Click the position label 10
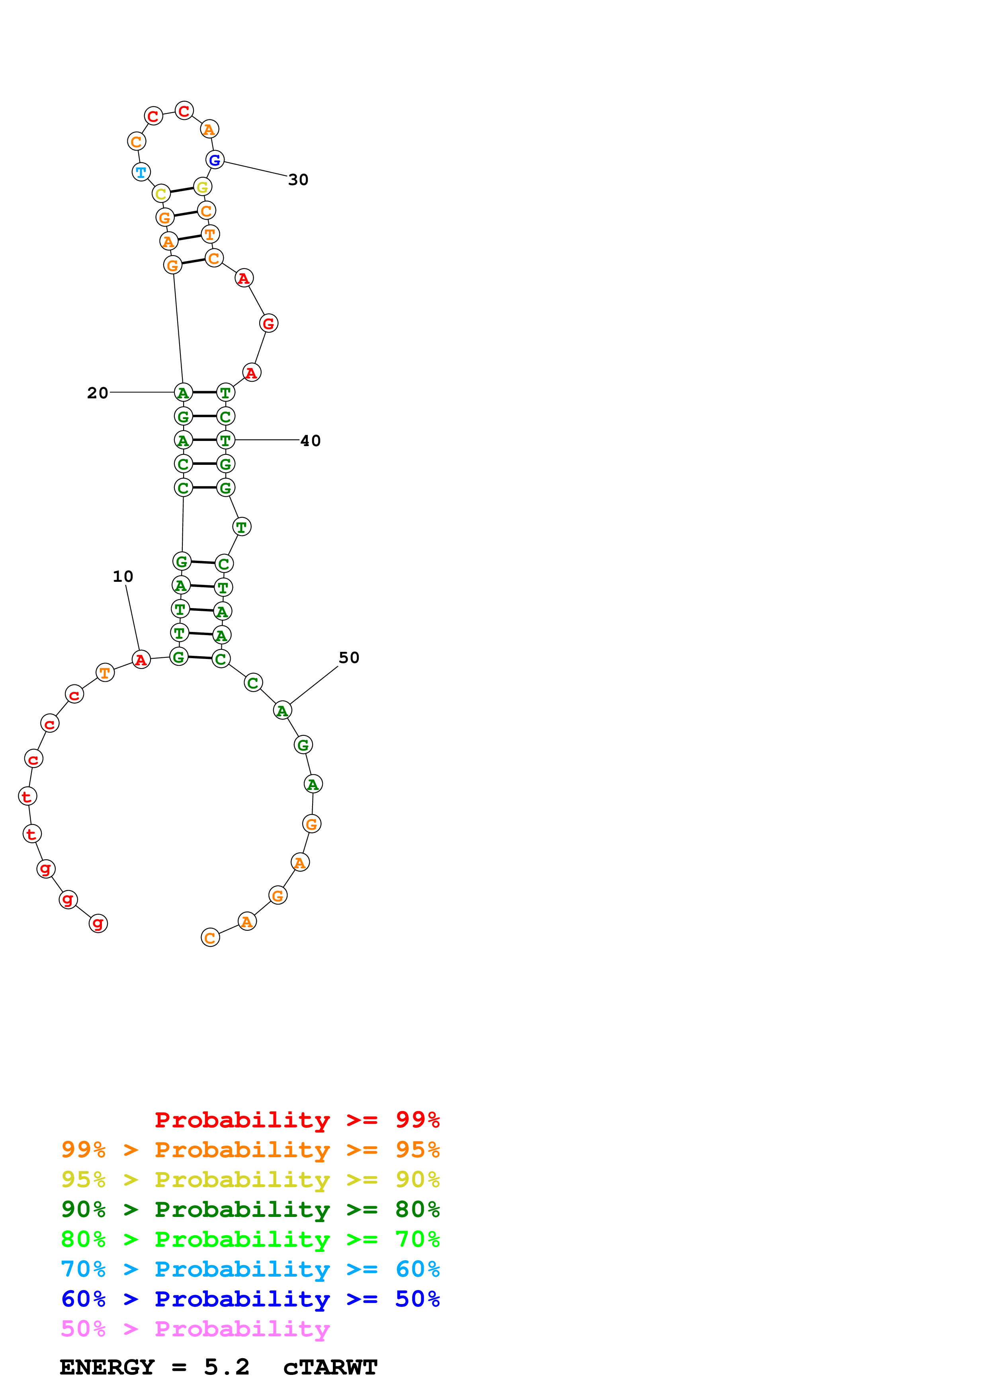tap(123, 576)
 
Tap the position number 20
tap(97, 394)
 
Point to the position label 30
tap(298, 180)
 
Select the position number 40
tap(310, 441)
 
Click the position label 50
tap(349, 658)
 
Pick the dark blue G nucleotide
tap(215, 160)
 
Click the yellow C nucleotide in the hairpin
tap(161, 194)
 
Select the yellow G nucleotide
tap(203, 187)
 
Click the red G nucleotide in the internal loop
tap(269, 324)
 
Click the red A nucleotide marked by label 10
tap(141, 660)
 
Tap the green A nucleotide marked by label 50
tap(282, 710)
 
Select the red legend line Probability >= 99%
tap(297, 1120)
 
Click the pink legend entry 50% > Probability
tap(195, 1329)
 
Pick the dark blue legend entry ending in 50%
tap(250, 1299)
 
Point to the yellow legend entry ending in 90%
tap(250, 1180)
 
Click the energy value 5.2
tap(226, 1367)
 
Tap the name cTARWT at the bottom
tap(330, 1367)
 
